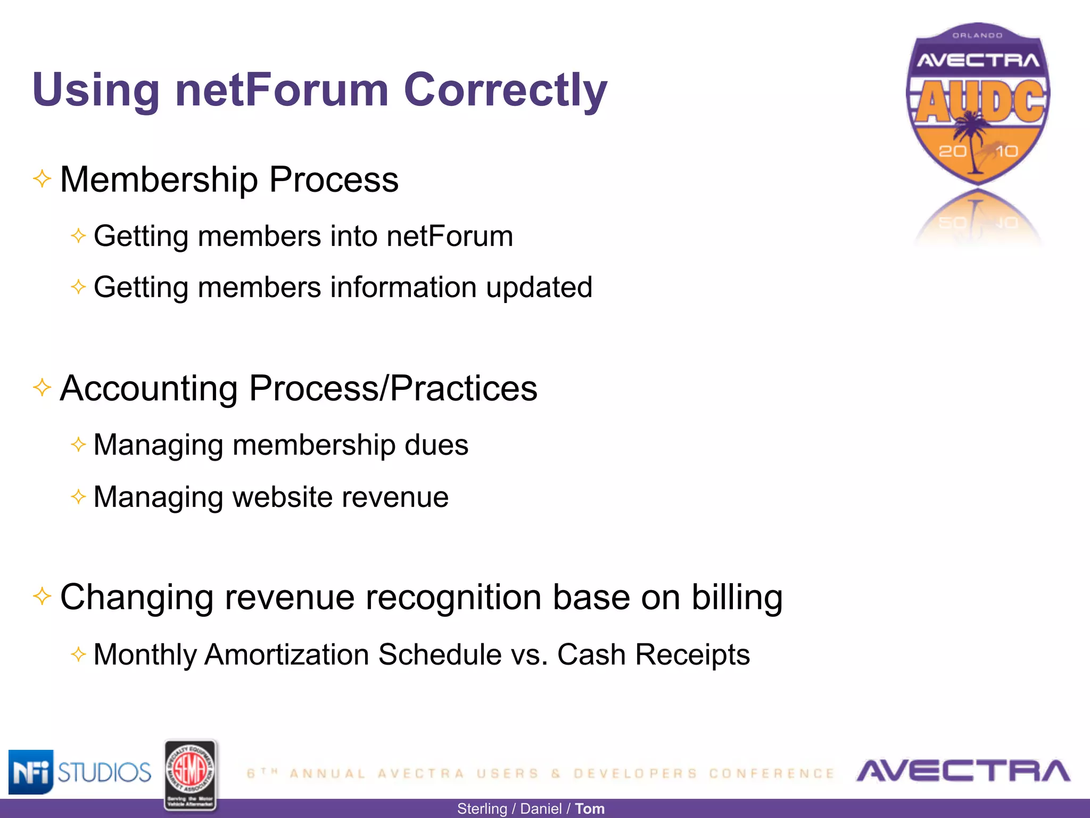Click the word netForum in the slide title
[x=282, y=89]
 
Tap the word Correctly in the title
[x=505, y=91]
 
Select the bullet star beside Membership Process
[x=42, y=178]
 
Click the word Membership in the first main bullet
[x=159, y=179]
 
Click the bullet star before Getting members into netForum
[x=78, y=235]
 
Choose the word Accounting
[x=148, y=388]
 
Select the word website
[x=282, y=497]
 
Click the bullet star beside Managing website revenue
[x=78, y=497]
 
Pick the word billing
[x=737, y=598]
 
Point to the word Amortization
[x=287, y=655]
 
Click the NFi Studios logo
[x=80, y=772]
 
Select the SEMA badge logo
[x=190, y=775]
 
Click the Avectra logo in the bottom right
[x=963, y=771]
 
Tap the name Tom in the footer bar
[x=590, y=809]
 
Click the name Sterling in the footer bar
[x=482, y=809]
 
